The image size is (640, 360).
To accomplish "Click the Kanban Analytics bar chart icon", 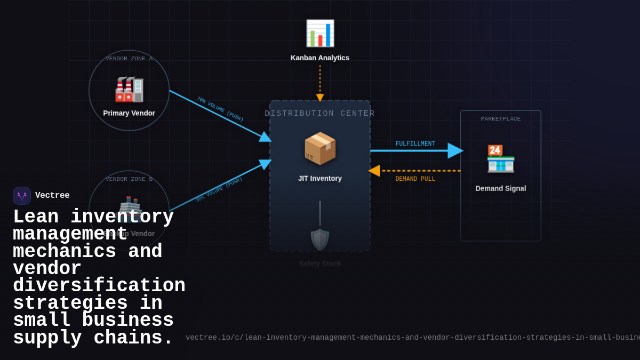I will click(x=320, y=33).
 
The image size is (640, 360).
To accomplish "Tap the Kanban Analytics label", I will click(x=320, y=58).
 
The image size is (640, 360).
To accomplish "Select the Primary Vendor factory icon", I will click(x=129, y=89).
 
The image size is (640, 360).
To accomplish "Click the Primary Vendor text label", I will click(x=129, y=113).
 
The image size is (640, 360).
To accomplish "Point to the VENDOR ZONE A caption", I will click(x=129, y=59).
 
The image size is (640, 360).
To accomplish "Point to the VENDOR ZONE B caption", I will click(x=129, y=179).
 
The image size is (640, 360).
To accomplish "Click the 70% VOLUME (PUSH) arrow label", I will click(x=220, y=109).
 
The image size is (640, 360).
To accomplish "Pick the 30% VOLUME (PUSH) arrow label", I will click(x=219, y=189).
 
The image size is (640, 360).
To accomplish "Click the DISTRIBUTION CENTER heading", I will click(x=320, y=114).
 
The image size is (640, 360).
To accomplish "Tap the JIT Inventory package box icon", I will click(x=320, y=148).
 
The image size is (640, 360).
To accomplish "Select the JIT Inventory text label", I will click(x=320, y=178).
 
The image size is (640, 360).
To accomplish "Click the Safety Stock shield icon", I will click(x=320, y=239).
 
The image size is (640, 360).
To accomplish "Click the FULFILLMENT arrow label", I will click(x=415, y=144).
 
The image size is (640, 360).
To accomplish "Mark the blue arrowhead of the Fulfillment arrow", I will click(x=455, y=151).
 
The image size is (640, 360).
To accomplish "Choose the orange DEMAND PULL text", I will click(x=415, y=179).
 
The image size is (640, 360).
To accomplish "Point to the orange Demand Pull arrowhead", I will click(x=374, y=171).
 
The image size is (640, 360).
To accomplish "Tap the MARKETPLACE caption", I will click(x=500, y=119).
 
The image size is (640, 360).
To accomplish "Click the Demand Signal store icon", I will click(x=500, y=158).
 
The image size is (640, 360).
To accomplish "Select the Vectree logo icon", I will click(x=22, y=196).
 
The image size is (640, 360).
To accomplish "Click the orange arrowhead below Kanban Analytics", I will click(x=320, y=98).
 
